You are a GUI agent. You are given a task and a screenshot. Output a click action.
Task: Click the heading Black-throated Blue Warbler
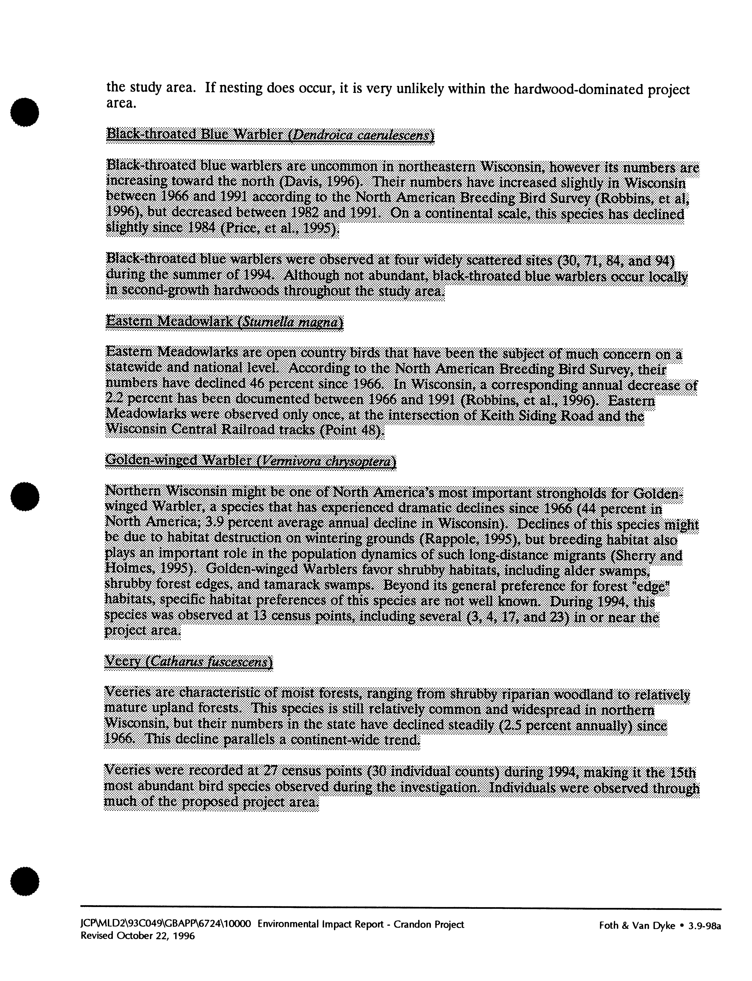tap(195, 134)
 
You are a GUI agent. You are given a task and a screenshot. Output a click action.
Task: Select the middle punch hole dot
tap(25, 496)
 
